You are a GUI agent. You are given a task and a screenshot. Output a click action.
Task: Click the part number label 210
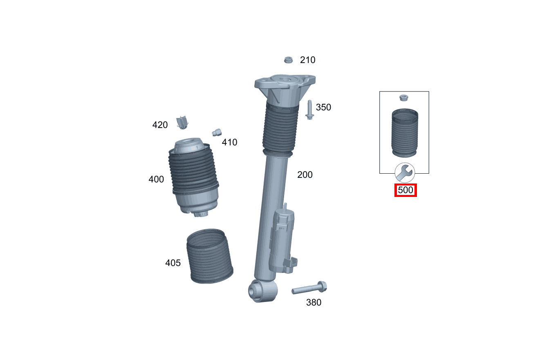click(x=307, y=60)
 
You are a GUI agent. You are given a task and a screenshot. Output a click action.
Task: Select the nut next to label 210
click(x=289, y=60)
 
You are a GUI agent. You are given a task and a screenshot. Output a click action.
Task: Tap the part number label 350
click(x=323, y=107)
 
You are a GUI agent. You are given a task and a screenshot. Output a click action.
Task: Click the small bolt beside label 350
click(x=309, y=110)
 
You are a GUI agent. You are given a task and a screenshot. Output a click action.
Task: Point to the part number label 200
click(x=305, y=175)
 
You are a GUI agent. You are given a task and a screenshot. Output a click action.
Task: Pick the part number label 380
click(x=314, y=303)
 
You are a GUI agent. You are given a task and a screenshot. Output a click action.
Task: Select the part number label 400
click(x=156, y=179)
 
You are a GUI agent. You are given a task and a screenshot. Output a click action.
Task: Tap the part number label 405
click(x=172, y=263)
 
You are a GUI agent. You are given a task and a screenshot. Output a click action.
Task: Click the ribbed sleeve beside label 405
click(x=209, y=256)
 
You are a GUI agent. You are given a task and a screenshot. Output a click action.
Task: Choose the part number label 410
click(x=229, y=143)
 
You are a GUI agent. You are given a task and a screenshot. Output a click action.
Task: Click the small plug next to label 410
click(x=217, y=132)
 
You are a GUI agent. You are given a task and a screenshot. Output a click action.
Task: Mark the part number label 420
click(x=160, y=125)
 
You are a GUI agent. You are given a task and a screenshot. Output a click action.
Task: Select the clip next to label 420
click(x=182, y=122)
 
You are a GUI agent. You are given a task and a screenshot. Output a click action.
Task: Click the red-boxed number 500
click(x=405, y=190)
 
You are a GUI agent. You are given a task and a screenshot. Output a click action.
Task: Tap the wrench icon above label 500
click(x=405, y=173)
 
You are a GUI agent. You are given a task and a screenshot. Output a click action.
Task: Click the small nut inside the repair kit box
click(x=403, y=98)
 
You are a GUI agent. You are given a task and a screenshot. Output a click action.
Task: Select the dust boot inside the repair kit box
click(x=404, y=132)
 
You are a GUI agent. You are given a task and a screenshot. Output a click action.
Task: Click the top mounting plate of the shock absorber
click(x=285, y=84)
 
